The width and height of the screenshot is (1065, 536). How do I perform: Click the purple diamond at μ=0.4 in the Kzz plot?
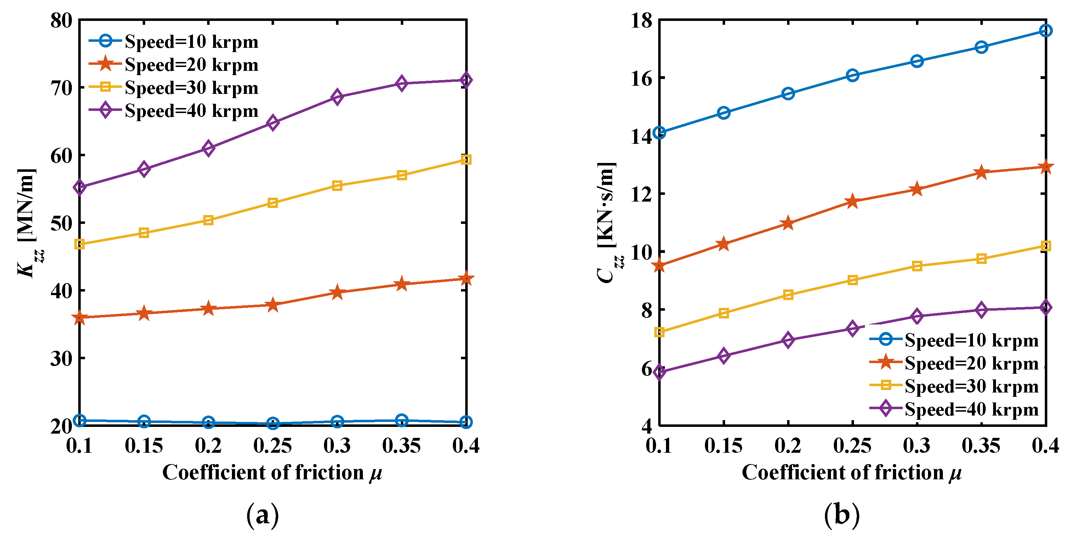(466, 80)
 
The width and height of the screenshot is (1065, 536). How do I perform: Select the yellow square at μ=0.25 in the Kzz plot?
(273, 203)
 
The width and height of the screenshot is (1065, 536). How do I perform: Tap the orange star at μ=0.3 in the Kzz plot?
(337, 292)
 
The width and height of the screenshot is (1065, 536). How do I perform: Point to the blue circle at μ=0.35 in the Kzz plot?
(401, 420)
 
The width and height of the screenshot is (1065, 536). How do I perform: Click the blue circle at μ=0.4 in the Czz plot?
(1046, 30)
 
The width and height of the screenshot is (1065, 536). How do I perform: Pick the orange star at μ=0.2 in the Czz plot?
(788, 223)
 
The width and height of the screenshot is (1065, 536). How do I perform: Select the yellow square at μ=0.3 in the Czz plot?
(917, 266)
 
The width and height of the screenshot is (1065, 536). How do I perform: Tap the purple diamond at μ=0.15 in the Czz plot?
(723, 356)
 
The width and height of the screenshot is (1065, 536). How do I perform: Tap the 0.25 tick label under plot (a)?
(273, 446)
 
